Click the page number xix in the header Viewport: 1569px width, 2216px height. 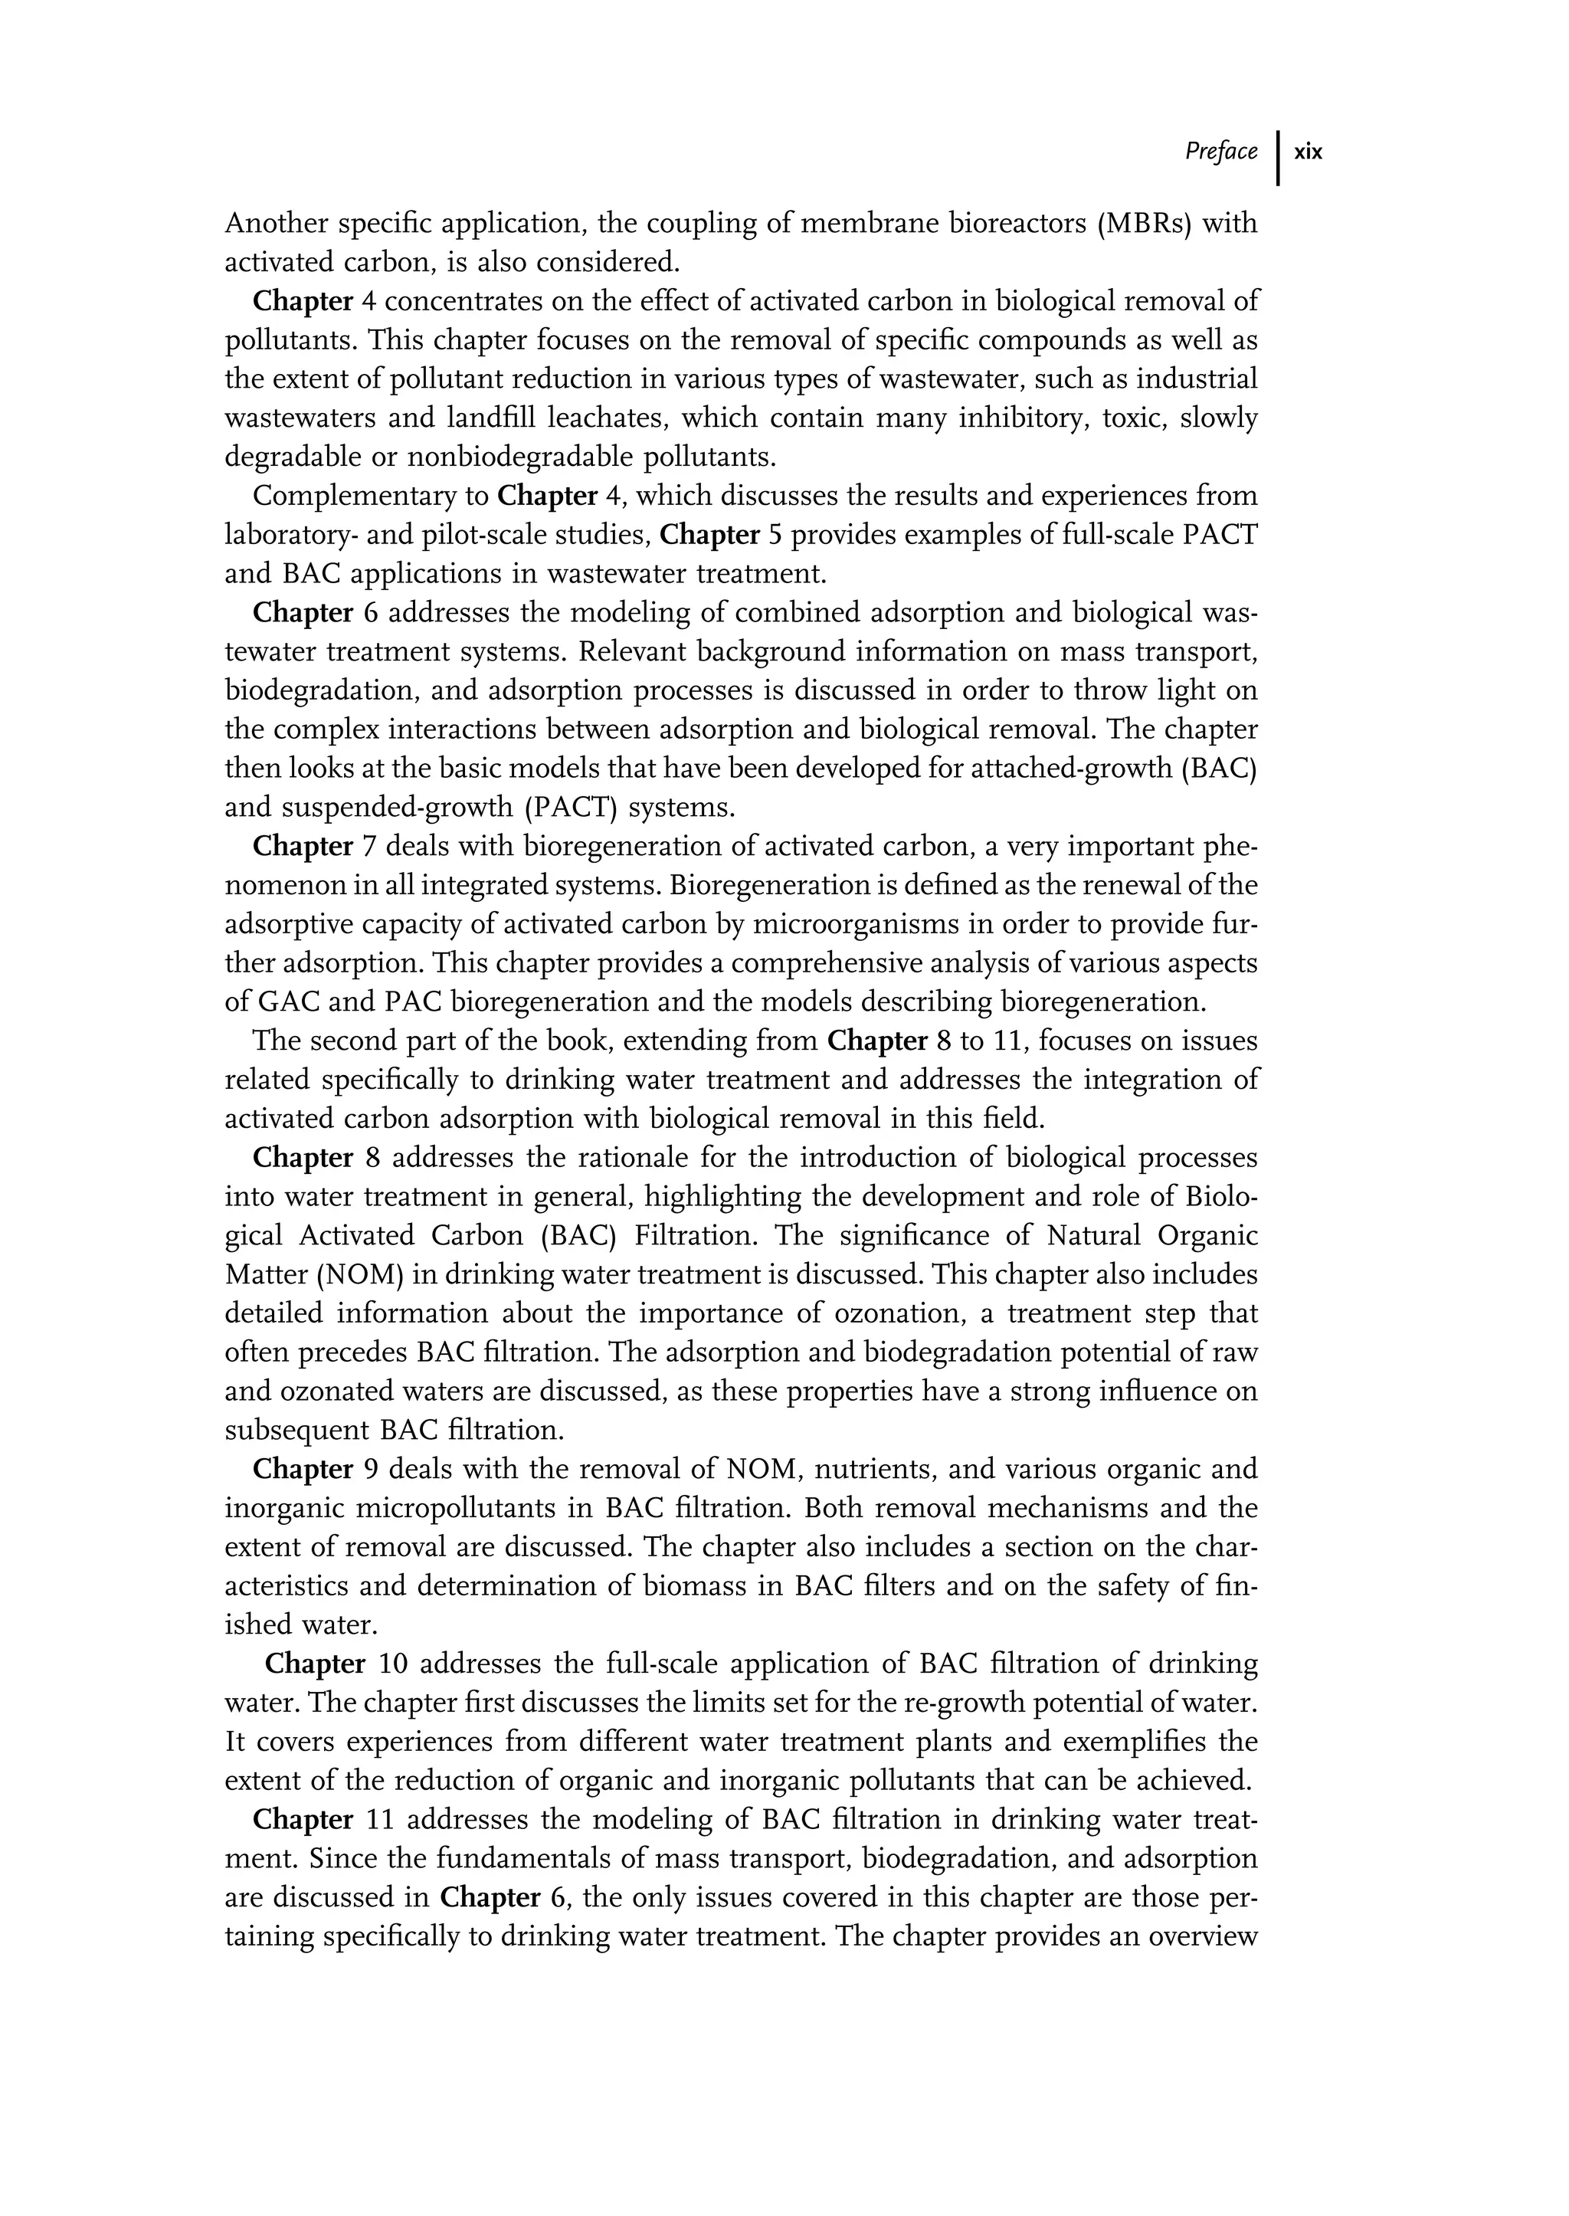click(x=1309, y=152)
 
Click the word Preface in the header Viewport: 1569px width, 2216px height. click(x=1221, y=152)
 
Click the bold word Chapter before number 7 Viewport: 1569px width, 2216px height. click(x=303, y=847)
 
